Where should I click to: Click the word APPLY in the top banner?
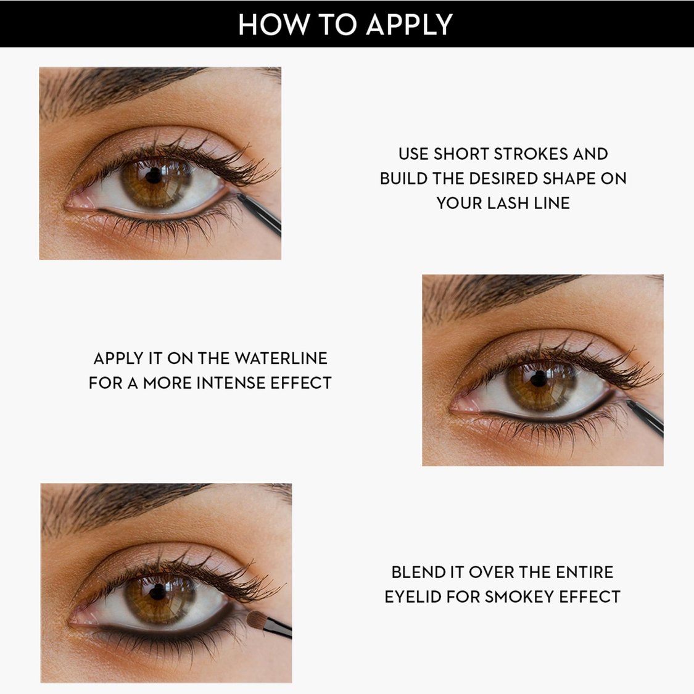(x=409, y=25)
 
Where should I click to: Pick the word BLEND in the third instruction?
(x=417, y=572)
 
